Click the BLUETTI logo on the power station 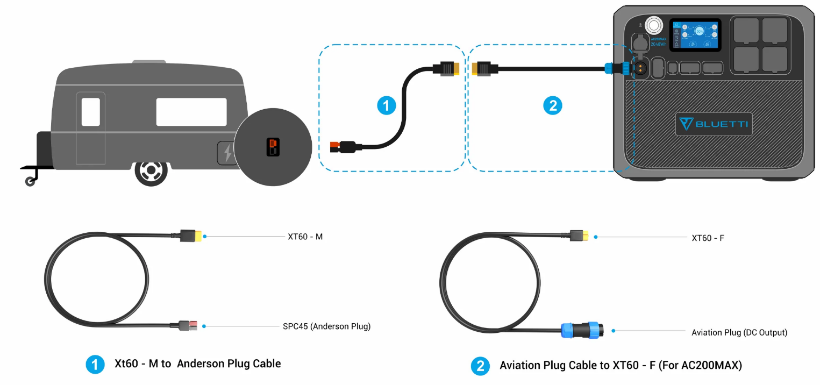tap(714, 124)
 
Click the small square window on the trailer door tap(90, 112)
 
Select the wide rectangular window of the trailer tap(191, 112)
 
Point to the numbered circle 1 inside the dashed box tap(386, 105)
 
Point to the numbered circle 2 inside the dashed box tap(552, 105)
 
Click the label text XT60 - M tap(305, 236)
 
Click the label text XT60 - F tap(708, 237)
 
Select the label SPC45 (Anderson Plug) tap(326, 326)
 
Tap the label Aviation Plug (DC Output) tap(739, 332)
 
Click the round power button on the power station tap(653, 25)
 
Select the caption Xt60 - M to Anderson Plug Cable tap(197, 364)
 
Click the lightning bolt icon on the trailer tap(228, 153)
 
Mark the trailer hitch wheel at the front tap(30, 182)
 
